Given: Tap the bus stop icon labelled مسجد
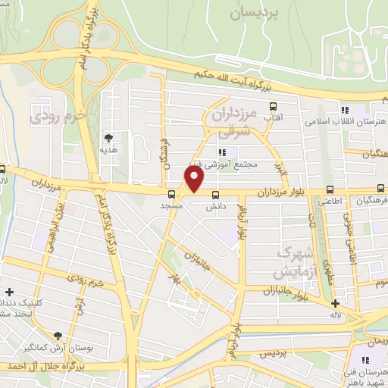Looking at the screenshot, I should tap(171, 193).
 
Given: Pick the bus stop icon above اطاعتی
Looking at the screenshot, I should tap(329, 190).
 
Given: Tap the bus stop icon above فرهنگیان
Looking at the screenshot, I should tap(380, 190).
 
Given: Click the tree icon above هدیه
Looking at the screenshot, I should tap(109, 138).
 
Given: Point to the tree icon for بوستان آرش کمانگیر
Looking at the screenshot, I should tap(58, 335).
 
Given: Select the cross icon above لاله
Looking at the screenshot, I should tap(335, 303).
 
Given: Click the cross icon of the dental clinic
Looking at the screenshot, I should tap(9, 292).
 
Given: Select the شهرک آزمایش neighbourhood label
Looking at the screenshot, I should tap(284, 261).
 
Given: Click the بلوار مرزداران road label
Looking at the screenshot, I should tap(280, 194).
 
